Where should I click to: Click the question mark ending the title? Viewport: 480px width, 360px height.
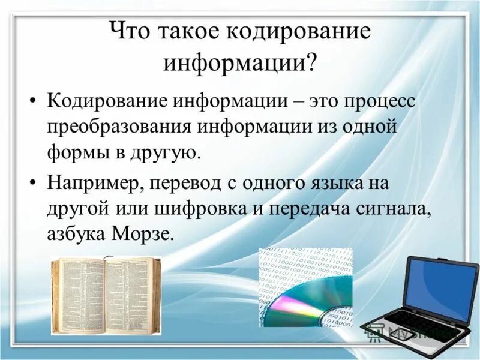click(311, 62)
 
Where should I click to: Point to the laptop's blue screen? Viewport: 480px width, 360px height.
click(441, 289)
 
